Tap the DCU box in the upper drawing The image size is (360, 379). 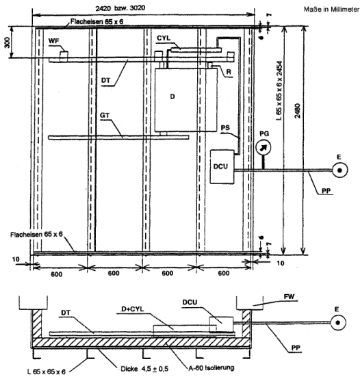click(222, 167)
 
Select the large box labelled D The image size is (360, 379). click(185, 100)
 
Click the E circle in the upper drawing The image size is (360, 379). click(340, 170)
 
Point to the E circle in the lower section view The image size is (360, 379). click(338, 322)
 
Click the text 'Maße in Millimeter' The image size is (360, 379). click(331, 10)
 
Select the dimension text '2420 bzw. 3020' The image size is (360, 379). click(120, 8)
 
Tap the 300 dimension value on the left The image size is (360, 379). click(8, 42)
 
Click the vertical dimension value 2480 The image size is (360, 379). click(298, 111)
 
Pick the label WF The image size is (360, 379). click(53, 41)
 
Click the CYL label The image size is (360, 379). click(164, 38)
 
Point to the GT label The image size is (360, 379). click(105, 116)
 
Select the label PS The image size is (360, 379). click(225, 128)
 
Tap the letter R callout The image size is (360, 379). click(229, 72)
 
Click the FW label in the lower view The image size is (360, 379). click(289, 297)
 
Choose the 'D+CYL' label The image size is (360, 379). click(133, 309)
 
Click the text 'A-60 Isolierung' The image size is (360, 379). click(211, 368)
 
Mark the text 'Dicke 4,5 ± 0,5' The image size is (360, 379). click(144, 369)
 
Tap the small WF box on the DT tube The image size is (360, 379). click(64, 55)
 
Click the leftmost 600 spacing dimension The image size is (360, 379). click(56, 274)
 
